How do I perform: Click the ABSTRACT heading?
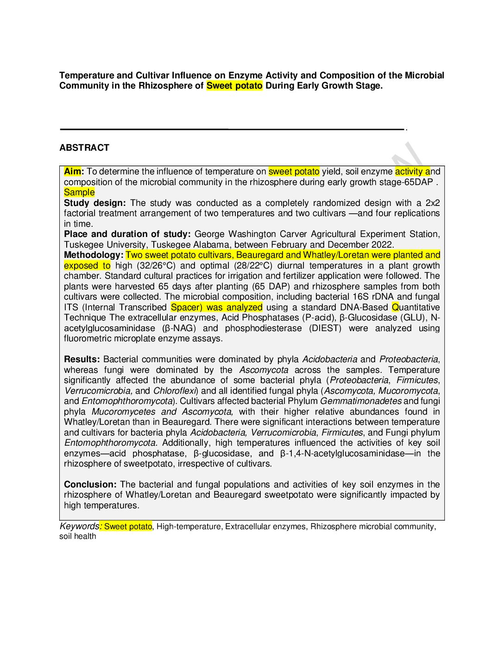pos(84,148)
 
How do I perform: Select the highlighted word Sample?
pos(79,192)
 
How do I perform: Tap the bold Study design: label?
pos(95,203)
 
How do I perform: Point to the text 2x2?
pos(433,203)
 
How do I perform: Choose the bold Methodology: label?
pos(94,255)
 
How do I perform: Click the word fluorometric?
pos(88,339)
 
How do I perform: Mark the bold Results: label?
pos(82,359)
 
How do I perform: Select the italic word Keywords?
pos(79,526)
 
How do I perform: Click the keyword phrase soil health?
pos(78,537)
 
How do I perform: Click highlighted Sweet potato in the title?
pos(234,86)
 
